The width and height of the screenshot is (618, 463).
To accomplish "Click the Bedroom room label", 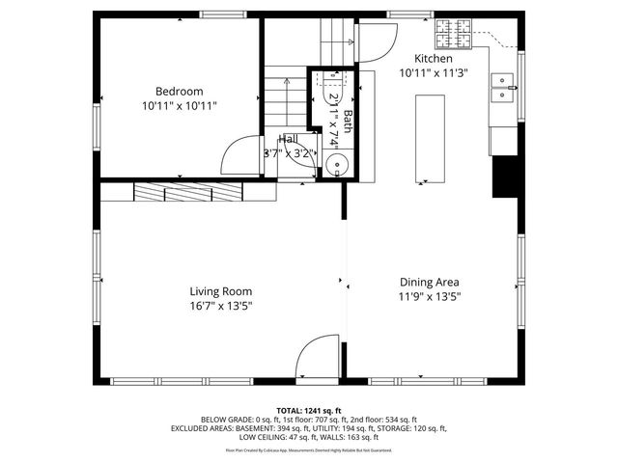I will tap(179, 92).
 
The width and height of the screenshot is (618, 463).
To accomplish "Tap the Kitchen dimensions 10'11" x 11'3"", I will tap(433, 72).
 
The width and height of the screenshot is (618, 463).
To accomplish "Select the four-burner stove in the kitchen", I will tap(455, 37).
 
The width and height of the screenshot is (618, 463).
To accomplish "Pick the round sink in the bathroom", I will tap(335, 163).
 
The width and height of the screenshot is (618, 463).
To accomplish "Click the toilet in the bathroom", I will tap(333, 82).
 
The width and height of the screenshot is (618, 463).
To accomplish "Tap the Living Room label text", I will tap(220, 291).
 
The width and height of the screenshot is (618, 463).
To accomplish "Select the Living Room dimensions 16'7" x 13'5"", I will tap(220, 307).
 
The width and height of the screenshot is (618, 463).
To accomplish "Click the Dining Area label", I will tap(430, 283).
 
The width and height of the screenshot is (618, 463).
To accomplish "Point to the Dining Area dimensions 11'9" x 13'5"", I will tap(430, 298).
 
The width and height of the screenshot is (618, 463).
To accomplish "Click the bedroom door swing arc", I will tap(237, 154).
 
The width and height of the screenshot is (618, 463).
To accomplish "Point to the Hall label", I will tap(288, 140).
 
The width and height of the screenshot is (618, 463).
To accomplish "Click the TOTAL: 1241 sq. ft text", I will tap(308, 410).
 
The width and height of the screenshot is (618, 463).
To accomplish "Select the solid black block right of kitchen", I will tap(504, 177).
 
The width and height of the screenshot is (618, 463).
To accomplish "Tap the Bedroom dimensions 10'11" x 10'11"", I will tap(179, 105).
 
